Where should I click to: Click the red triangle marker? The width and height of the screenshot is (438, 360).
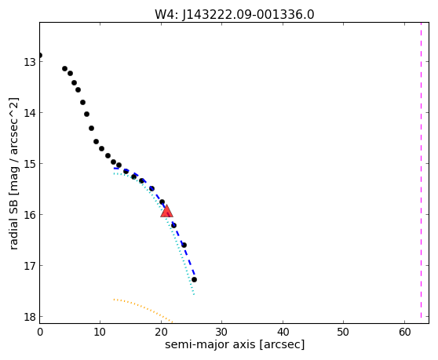pos(166,211)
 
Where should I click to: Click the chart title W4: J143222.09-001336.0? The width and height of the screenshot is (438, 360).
pos(235,14)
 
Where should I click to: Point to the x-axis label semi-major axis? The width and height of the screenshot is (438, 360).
pos(210,344)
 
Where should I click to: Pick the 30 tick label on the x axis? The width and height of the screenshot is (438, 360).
pos(222,332)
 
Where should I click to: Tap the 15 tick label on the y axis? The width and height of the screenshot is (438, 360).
pos(30,164)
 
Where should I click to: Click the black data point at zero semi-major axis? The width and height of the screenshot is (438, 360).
pos(40,55)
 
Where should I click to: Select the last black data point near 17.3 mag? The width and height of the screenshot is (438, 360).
pos(194,279)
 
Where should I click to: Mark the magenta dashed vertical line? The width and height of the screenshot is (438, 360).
pos(421,170)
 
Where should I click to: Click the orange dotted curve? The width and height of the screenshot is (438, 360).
pos(141,308)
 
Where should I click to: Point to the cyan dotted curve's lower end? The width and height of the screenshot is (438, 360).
pos(194,294)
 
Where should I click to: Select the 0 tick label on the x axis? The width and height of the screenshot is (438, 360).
pos(40,332)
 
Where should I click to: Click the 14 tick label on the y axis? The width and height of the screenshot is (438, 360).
pos(30,113)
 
